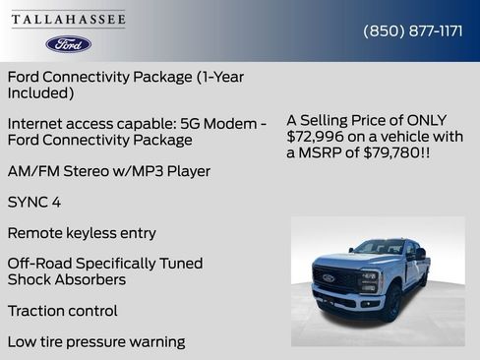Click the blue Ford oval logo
click(69, 44)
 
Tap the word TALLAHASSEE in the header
click(69, 20)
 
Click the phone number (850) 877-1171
click(413, 30)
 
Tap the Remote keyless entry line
click(82, 233)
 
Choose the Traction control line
click(62, 311)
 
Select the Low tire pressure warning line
click(95, 342)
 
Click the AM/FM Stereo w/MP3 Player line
click(108, 171)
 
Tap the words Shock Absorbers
click(66, 279)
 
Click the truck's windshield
click(378, 249)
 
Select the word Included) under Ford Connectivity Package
click(40, 92)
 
